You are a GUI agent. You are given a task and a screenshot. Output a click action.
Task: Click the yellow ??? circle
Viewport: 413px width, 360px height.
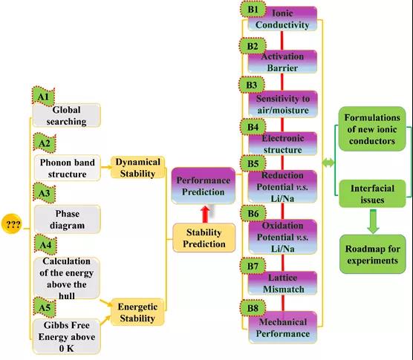point(12,224)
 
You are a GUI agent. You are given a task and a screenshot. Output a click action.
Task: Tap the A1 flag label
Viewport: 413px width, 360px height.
point(43,96)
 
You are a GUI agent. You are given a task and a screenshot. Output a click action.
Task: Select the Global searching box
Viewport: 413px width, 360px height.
point(66,115)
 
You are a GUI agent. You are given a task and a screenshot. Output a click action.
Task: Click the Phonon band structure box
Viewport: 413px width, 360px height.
point(67,168)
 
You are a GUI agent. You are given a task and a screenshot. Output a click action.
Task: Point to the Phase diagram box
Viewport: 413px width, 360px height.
point(67,219)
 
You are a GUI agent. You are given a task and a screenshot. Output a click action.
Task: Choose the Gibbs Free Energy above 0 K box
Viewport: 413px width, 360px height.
point(67,336)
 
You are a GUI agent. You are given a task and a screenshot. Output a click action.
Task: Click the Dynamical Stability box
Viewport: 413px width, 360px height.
point(137,168)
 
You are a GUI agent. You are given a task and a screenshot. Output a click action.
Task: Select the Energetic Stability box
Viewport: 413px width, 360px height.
point(137,312)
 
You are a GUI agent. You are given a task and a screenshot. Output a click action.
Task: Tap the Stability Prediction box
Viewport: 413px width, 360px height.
point(204,238)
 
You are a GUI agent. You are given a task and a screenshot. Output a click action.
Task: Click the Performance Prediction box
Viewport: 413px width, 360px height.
point(204,186)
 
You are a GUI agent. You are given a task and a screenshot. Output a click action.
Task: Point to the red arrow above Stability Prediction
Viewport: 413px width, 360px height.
point(205,215)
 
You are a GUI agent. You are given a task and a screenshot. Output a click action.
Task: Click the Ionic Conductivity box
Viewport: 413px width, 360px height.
point(282,19)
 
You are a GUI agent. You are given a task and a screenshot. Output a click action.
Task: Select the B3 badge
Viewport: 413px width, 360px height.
point(252,85)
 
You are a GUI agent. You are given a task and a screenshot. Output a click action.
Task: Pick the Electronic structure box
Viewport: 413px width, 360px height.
point(282,144)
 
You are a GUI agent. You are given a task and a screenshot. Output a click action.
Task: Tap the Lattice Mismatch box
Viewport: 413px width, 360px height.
point(282,283)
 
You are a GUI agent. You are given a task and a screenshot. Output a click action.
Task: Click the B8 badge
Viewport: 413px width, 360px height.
point(253,308)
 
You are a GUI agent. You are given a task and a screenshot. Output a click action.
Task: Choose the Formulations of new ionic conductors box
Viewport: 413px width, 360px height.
point(372,129)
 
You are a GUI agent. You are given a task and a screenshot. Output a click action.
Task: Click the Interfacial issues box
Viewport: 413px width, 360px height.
point(372,194)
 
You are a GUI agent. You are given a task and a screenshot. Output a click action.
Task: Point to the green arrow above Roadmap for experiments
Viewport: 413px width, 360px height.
point(373,221)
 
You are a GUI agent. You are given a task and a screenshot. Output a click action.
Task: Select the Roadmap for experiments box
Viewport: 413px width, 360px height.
point(372,254)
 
